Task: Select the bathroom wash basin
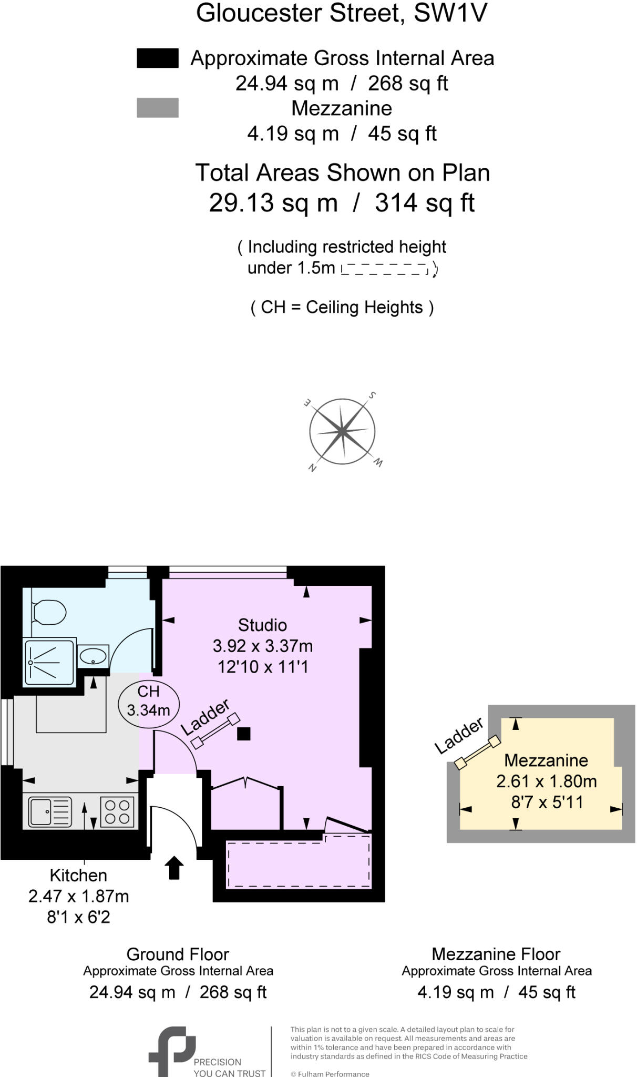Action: coord(93,656)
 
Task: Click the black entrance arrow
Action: coord(174,867)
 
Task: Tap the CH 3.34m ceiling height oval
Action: coord(149,702)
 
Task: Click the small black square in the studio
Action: coord(243,733)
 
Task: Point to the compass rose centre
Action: coord(342,432)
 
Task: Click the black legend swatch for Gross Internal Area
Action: coord(157,58)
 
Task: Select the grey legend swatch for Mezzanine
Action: coord(157,108)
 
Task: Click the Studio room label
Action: coord(262,625)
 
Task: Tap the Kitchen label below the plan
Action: coord(78,876)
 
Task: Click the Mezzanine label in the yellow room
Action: coord(546,760)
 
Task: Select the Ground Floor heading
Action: coord(178,954)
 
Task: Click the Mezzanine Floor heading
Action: coord(496,954)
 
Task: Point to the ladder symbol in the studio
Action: coord(215,731)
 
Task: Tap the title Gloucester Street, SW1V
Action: coord(342,13)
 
